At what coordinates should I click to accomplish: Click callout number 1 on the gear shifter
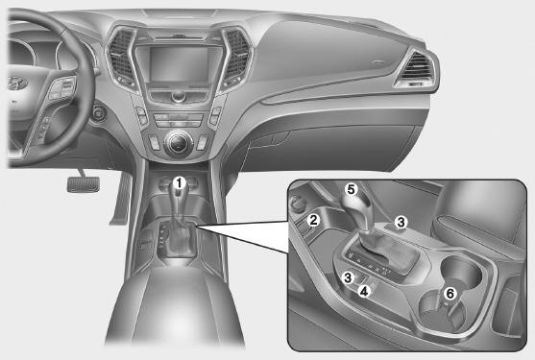[179, 183]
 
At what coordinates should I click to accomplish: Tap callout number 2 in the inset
[313, 220]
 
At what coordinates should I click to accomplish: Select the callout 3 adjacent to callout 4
[348, 277]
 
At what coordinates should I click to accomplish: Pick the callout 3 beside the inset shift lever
[401, 223]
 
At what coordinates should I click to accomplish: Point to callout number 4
[364, 291]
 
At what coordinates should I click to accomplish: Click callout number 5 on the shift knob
[352, 189]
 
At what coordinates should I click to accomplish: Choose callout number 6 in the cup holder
[450, 293]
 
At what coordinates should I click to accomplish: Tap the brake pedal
[84, 184]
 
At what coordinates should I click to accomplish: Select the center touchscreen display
[179, 64]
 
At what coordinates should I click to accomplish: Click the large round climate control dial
[178, 144]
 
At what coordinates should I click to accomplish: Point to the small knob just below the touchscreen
[179, 96]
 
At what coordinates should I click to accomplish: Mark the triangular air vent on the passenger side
[416, 70]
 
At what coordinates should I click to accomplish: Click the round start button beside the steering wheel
[98, 112]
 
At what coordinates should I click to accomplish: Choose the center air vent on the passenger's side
[236, 56]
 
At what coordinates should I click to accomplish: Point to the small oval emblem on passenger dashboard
[377, 63]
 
